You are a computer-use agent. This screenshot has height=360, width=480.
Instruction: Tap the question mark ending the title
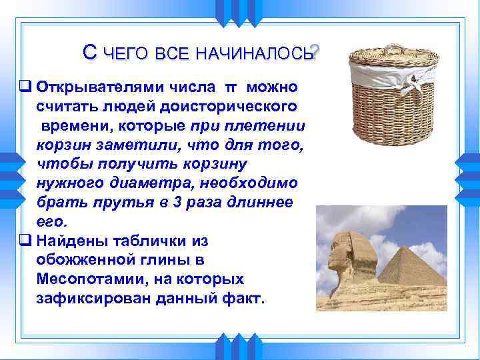pos(315,52)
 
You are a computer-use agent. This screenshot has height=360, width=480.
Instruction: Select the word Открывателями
pos(124,87)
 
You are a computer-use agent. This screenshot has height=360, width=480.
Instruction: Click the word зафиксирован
pos(94,297)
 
